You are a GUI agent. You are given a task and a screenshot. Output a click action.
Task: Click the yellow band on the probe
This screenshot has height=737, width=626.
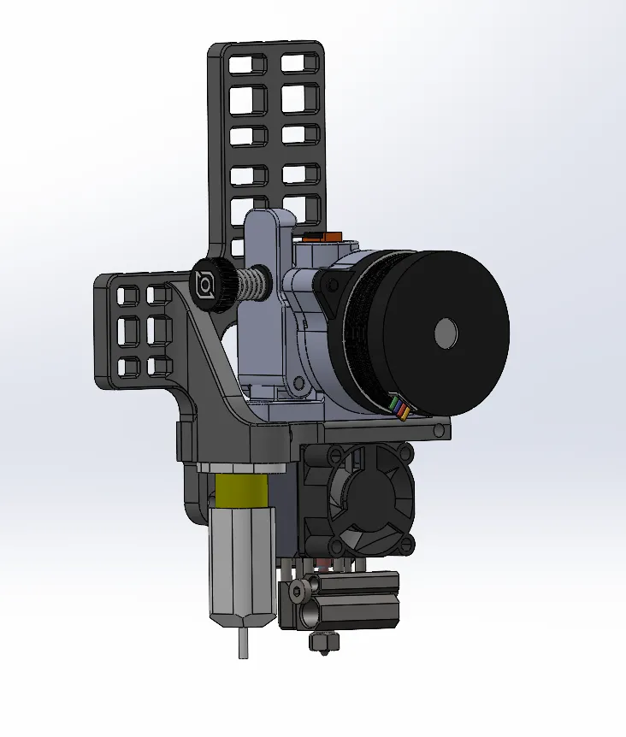tap(243, 492)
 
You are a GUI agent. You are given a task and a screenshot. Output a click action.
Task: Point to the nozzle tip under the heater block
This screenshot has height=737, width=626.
tap(325, 640)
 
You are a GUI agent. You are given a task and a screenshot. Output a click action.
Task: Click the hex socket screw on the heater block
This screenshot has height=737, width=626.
tap(298, 592)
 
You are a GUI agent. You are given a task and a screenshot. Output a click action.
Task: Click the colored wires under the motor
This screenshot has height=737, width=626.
tap(399, 407)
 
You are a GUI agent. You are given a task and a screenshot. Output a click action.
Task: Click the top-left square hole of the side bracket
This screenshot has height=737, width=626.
tap(128, 296)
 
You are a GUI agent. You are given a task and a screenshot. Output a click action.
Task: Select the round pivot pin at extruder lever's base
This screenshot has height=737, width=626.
tap(298, 386)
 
